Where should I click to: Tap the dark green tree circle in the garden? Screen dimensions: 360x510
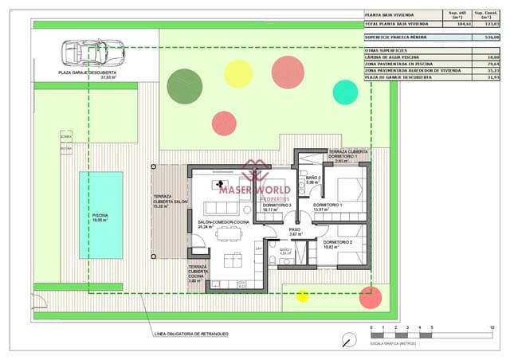point(184,85)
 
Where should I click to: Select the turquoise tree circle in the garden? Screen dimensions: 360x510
point(345,92)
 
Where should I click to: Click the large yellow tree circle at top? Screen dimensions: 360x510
point(238,73)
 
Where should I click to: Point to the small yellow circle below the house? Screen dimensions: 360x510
point(302,296)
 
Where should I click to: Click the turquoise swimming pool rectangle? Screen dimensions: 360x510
point(101,215)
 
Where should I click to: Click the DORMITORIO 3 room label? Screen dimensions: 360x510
point(276,205)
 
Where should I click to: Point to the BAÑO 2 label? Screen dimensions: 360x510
point(312,178)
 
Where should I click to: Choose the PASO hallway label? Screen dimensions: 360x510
point(294,229)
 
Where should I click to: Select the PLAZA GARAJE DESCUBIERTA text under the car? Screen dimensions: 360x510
point(88,72)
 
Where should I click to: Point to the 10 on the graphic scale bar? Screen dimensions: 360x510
point(492,328)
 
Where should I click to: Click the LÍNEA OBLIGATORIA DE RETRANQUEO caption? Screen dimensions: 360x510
point(190,334)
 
